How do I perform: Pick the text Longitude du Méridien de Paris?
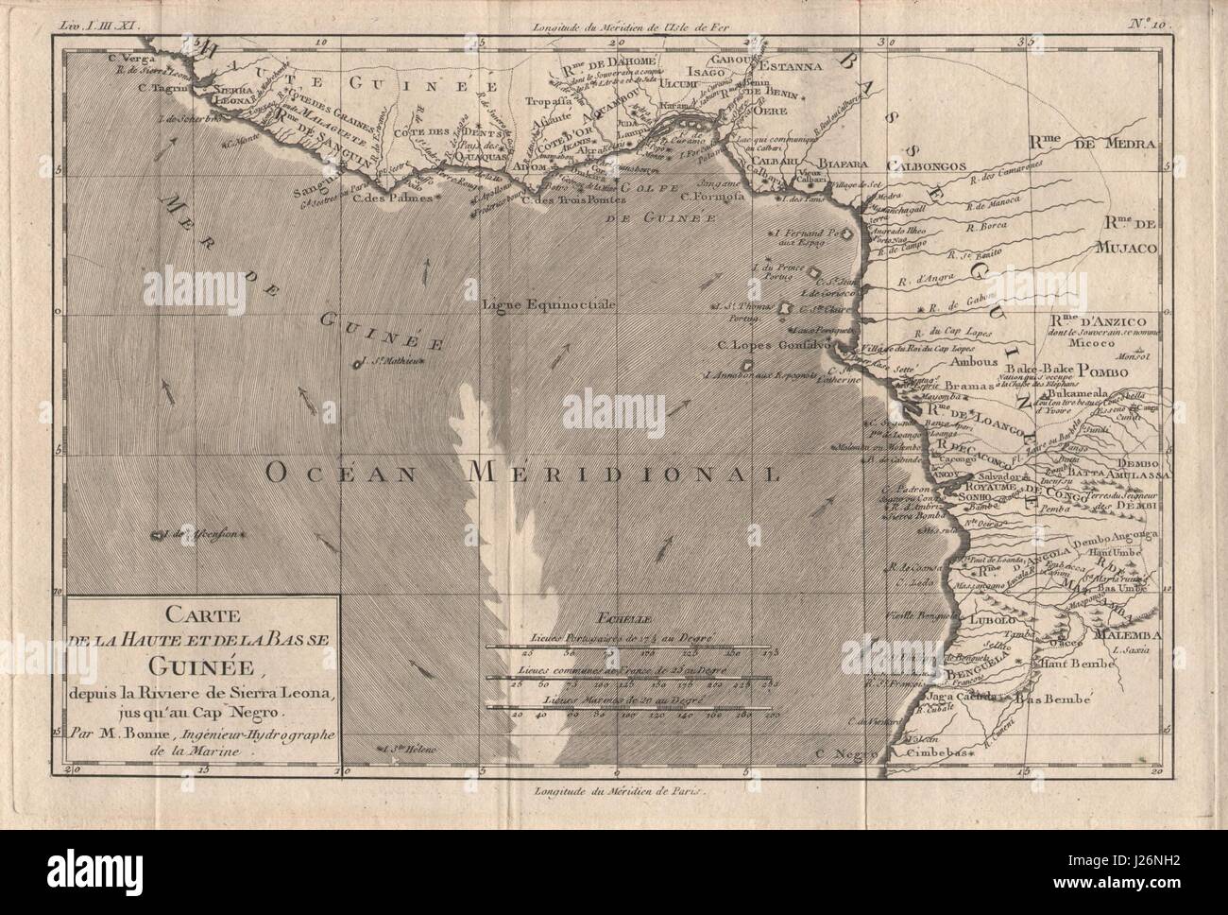[611, 794]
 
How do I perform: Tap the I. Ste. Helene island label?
[407, 750]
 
